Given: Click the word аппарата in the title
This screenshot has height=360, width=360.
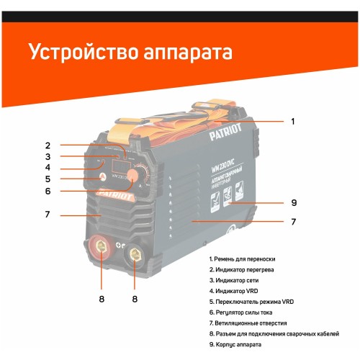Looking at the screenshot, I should point(194,55).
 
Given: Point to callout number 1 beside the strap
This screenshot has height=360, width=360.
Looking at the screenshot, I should point(292,122).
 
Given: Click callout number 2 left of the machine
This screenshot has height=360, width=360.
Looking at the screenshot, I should point(48,144).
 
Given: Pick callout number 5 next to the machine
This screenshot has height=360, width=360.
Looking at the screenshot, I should point(48,179).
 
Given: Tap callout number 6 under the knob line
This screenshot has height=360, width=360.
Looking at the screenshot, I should point(48,192).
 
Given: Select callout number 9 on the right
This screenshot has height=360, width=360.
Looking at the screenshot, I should point(294,202).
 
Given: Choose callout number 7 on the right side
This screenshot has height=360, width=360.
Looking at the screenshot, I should point(294,222).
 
